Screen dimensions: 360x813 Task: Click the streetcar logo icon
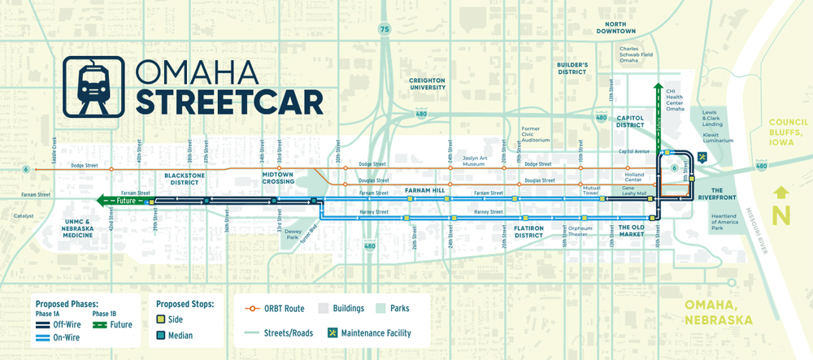tap(93, 87)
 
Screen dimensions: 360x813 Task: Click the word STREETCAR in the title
tap(228, 102)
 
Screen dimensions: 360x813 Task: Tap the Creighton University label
tap(428, 84)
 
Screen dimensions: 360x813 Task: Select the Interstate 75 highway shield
tap(384, 29)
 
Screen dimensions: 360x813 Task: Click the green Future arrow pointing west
tap(122, 200)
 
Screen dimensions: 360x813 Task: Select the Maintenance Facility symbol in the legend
tap(333, 332)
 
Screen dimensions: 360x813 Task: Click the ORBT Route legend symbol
tap(259, 309)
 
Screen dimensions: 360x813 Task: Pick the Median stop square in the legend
tap(162, 336)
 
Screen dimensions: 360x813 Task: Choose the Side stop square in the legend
tap(162, 319)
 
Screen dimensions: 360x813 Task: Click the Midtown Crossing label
tap(277, 179)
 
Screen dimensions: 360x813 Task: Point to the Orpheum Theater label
tap(580, 231)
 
